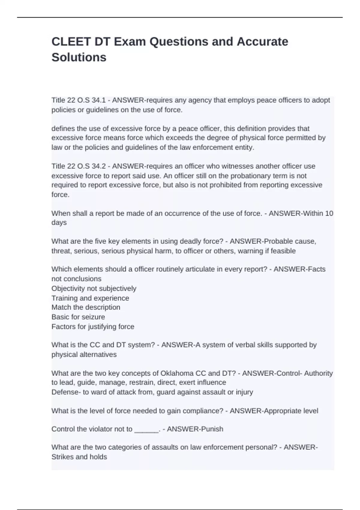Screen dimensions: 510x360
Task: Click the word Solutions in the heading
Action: coord(79,57)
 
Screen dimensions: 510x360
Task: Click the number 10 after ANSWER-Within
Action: coord(329,213)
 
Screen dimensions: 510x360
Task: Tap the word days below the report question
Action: coord(59,223)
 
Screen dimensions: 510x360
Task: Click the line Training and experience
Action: coord(90,298)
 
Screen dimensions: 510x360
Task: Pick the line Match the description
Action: coord(86,307)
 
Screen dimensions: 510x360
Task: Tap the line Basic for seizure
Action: coord(78,317)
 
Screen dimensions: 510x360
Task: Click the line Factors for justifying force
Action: coord(93,327)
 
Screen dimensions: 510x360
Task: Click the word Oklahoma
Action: coord(177,373)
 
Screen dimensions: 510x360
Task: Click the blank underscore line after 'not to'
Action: coord(146,430)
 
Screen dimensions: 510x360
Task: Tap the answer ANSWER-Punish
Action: coord(195,429)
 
